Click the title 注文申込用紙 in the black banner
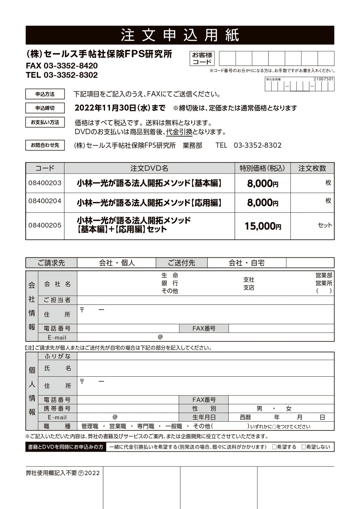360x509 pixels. (x=180, y=35)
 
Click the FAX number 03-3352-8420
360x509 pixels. (x=71, y=66)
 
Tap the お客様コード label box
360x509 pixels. (x=202, y=58)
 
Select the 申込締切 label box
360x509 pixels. (x=45, y=108)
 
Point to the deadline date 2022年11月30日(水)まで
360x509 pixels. (x=120, y=108)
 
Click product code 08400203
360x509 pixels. (x=45, y=183)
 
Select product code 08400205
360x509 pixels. (x=45, y=225)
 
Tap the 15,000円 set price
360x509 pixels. (x=262, y=226)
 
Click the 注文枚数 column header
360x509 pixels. (x=312, y=168)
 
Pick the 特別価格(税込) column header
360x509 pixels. (x=262, y=168)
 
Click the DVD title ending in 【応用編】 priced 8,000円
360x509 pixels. (x=149, y=203)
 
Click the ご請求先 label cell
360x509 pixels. (x=51, y=263)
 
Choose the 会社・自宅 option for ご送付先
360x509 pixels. (x=247, y=263)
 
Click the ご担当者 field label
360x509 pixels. (x=57, y=300)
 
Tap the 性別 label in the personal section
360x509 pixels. (x=204, y=408)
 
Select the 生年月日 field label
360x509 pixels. (x=204, y=417)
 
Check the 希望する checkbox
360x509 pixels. (x=274, y=447)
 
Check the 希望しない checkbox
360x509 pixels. (x=304, y=447)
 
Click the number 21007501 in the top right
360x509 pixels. (x=323, y=79)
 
